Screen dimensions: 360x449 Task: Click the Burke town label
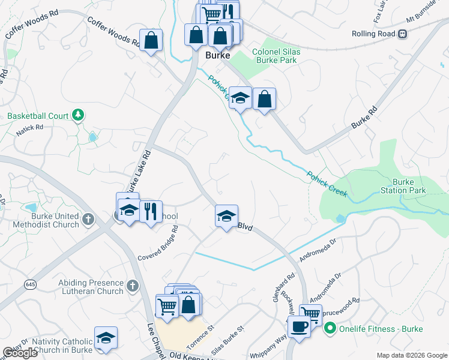click(217, 55)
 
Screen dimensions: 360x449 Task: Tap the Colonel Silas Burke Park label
click(277, 56)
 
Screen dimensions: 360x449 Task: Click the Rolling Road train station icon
click(402, 34)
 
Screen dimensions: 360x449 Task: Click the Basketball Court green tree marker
click(77, 114)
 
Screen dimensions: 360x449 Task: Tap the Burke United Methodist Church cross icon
click(88, 220)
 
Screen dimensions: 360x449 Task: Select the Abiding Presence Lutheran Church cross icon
click(133, 286)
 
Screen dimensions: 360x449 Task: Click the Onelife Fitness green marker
click(329, 328)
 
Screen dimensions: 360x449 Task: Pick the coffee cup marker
click(299, 328)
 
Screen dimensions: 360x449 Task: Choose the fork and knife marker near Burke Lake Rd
click(151, 211)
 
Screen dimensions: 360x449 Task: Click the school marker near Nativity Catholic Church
click(106, 338)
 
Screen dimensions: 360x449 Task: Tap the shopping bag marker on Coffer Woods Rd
click(151, 41)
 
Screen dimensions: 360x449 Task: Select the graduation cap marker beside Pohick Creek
click(240, 98)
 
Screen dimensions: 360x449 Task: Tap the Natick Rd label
click(29, 128)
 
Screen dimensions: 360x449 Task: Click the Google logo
click(20, 353)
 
